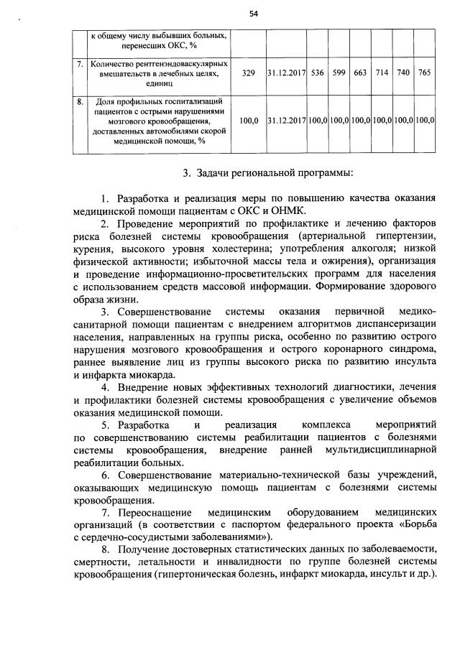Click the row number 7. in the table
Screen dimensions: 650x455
(81, 64)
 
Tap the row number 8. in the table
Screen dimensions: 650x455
(81, 102)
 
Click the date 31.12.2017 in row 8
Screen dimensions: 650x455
(286, 121)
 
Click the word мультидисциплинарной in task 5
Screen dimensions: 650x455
(380, 450)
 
